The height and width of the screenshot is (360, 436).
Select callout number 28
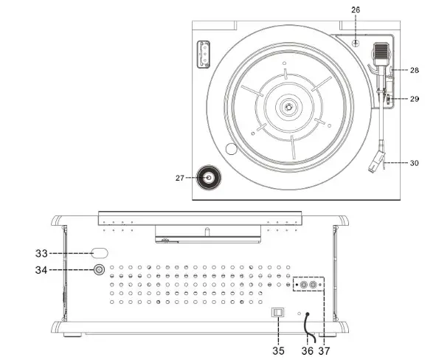[x=415, y=70]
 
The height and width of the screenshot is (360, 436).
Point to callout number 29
[x=415, y=99]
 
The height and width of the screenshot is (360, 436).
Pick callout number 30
[x=415, y=163]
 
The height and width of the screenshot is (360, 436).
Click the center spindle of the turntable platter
[x=287, y=108]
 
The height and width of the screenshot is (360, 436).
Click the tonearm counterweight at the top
[x=381, y=52]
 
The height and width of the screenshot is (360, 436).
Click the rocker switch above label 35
[x=278, y=312]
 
